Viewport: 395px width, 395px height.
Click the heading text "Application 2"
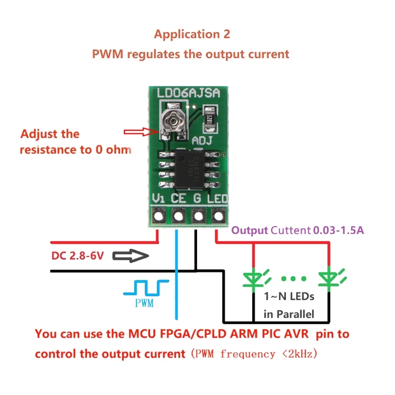point(192,35)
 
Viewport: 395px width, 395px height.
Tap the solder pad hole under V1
point(159,216)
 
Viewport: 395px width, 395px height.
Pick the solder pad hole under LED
point(218,216)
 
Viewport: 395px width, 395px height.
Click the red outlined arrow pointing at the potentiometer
point(141,132)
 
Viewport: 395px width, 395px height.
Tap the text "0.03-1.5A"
point(338,230)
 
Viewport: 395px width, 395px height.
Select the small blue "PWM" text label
point(144,303)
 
